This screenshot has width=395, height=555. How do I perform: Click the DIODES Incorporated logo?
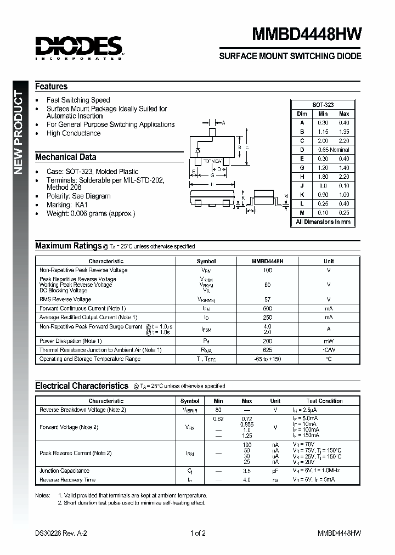pyautogui.click(x=78, y=47)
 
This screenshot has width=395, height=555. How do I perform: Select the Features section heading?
pyautogui.click(x=52, y=87)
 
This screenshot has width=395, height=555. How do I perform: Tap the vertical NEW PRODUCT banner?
pyautogui.click(x=18, y=132)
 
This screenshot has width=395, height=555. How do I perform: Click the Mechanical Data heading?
pyautogui.click(x=66, y=157)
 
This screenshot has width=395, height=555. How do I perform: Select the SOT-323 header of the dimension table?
pyautogui.click(x=323, y=105)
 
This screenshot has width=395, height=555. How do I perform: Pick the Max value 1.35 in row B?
pyautogui.click(x=344, y=132)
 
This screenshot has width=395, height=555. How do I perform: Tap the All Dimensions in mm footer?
pyautogui.click(x=323, y=222)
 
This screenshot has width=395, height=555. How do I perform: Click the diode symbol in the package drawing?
pyautogui.click(x=198, y=149)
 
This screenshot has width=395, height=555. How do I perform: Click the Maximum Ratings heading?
pyautogui.click(x=68, y=246)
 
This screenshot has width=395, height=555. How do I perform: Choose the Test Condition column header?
pyautogui.click(x=324, y=401)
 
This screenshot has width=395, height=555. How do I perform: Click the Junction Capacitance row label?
pyautogui.click(x=64, y=471)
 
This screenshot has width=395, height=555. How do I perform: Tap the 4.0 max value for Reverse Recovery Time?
pyautogui.click(x=247, y=480)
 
